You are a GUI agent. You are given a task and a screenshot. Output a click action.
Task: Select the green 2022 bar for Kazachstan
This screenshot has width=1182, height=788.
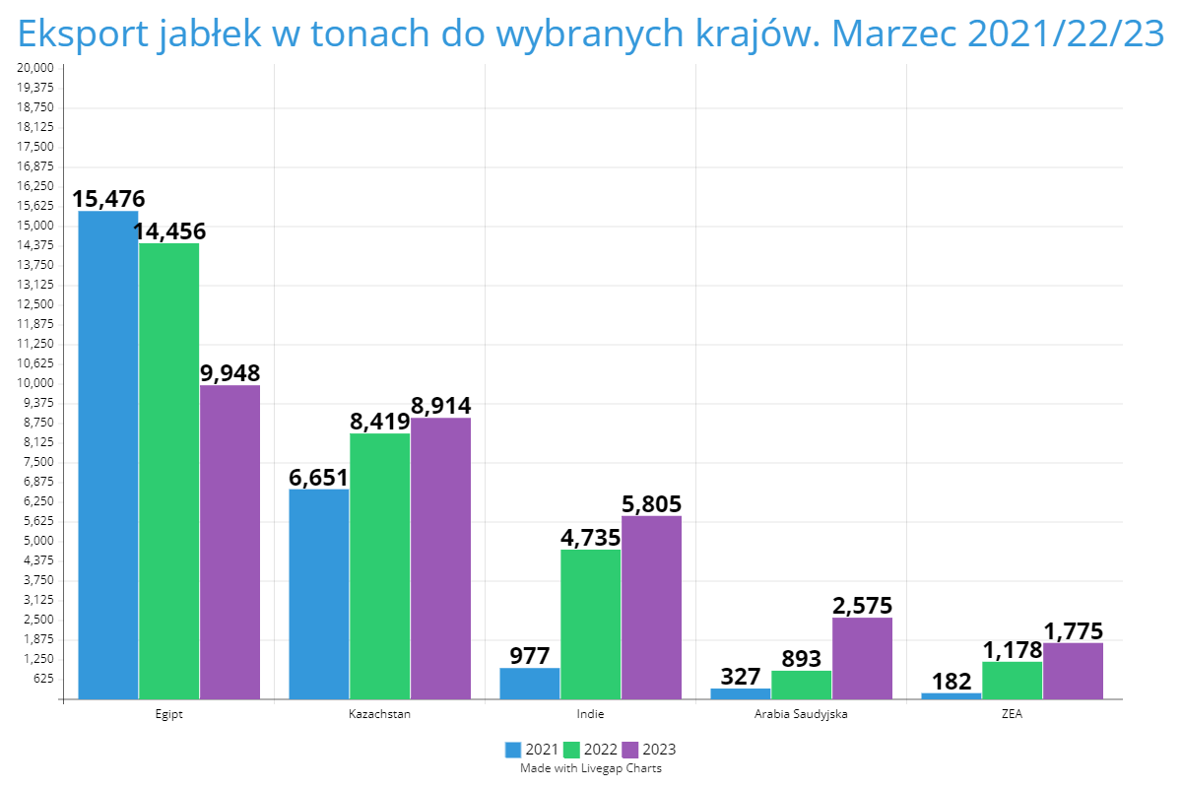(x=380, y=566)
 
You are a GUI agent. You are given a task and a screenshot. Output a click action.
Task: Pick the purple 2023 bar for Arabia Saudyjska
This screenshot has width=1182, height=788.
(x=862, y=658)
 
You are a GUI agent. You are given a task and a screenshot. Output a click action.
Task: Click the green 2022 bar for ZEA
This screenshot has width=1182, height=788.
(x=1013, y=681)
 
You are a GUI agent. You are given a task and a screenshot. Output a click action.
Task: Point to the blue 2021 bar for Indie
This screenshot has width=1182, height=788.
(x=530, y=684)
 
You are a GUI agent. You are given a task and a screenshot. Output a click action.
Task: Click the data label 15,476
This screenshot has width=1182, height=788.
(x=108, y=199)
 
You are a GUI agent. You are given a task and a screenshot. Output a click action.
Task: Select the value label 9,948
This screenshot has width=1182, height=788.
(x=230, y=373)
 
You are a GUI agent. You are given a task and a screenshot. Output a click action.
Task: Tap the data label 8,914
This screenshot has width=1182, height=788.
(x=440, y=406)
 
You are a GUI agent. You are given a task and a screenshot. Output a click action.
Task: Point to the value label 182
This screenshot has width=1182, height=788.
(x=952, y=682)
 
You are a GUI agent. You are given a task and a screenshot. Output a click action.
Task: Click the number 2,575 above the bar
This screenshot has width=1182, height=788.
(x=862, y=606)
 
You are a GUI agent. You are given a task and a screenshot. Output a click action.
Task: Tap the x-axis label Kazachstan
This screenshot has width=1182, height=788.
(x=379, y=714)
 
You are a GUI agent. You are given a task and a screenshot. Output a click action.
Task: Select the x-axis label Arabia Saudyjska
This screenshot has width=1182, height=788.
(x=801, y=714)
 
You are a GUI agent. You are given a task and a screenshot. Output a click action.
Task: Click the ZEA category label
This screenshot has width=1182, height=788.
(x=1012, y=714)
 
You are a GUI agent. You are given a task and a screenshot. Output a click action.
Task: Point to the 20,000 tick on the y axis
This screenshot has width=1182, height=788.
(x=36, y=68)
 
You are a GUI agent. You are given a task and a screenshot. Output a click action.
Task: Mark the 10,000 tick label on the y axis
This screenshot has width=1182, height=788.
(x=36, y=383)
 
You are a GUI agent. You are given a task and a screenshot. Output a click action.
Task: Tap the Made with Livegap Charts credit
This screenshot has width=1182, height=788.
(x=591, y=768)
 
